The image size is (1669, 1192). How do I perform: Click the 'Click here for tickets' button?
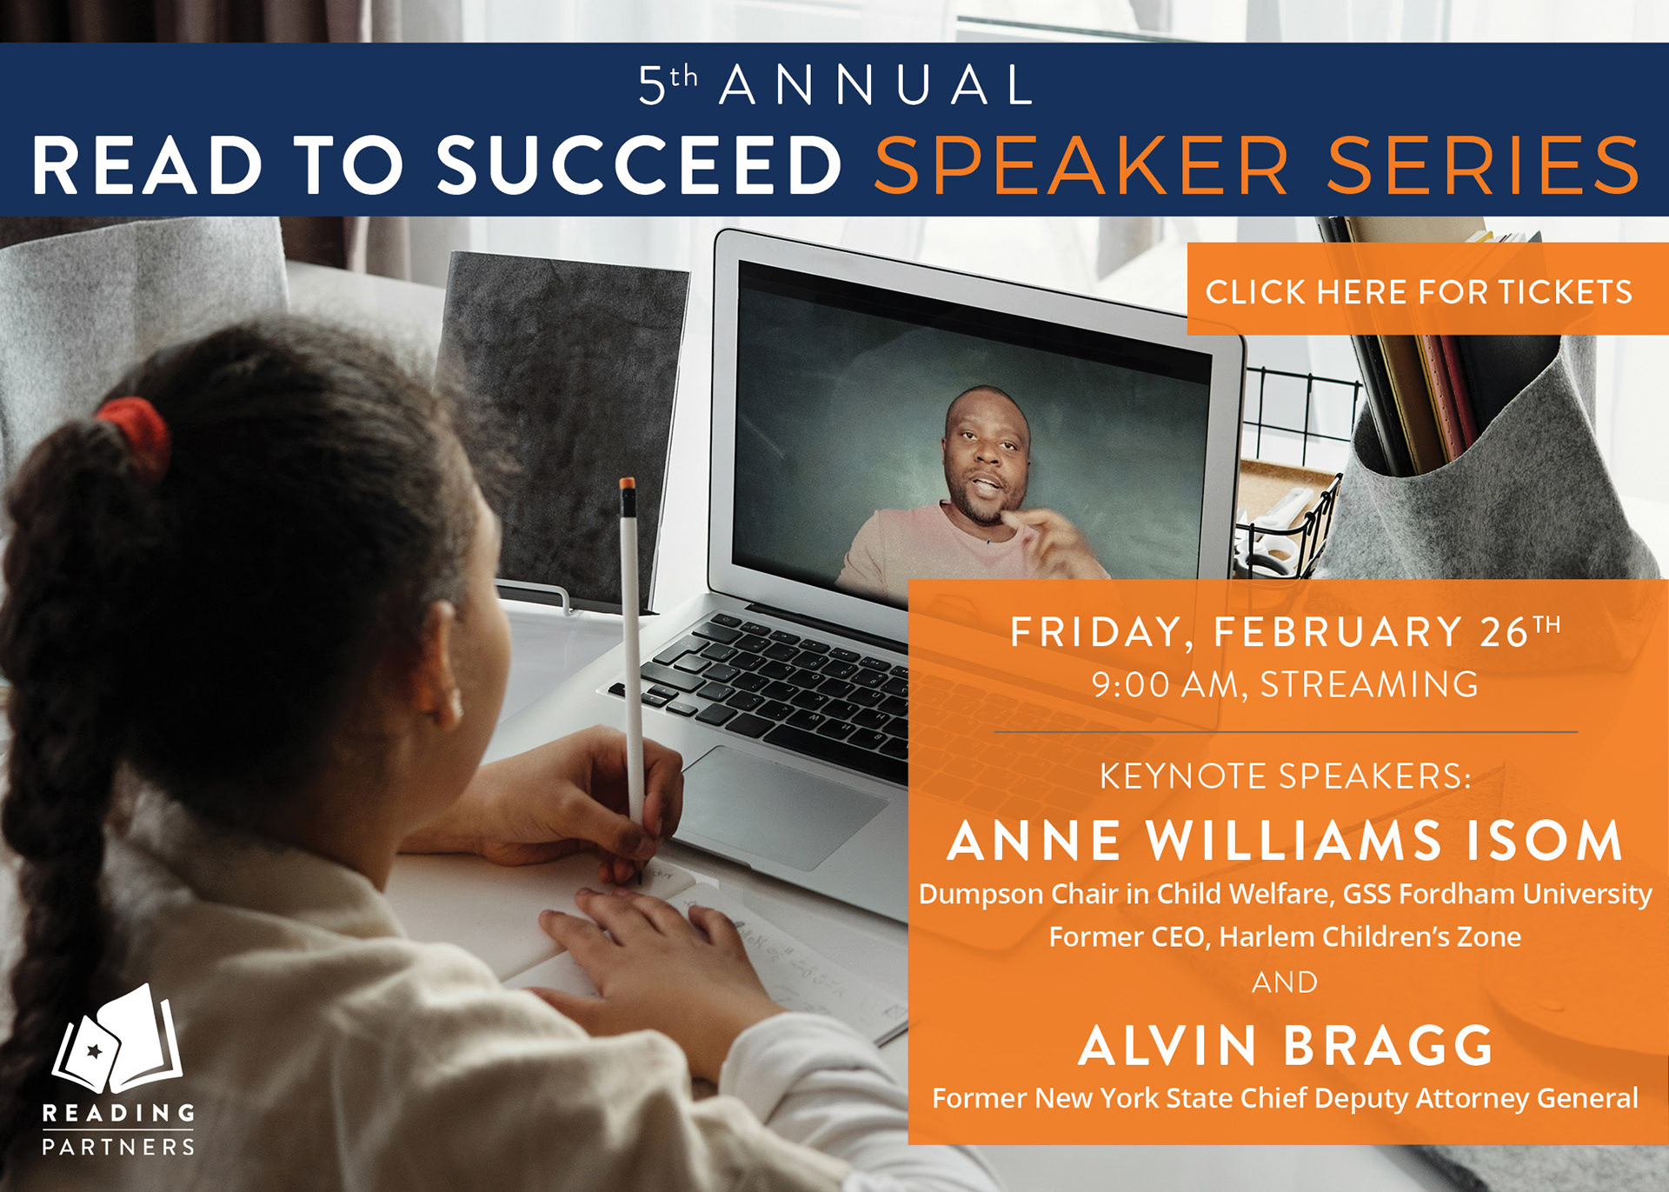[x=1427, y=289]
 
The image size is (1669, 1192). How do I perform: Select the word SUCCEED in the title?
[x=639, y=165]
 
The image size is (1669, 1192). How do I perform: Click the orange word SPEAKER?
[x=1082, y=165]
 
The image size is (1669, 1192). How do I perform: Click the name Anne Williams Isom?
[x=1285, y=841]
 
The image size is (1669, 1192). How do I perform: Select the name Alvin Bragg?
[x=1286, y=1045]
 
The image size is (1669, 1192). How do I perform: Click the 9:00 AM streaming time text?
[x=1286, y=685]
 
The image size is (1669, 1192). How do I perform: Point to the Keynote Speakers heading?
[x=1286, y=776]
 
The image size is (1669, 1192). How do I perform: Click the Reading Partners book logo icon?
[x=117, y=1039]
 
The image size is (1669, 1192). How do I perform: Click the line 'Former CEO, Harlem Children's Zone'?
[x=1285, y=937]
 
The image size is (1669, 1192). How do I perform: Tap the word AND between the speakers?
[x=1285, y=982]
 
